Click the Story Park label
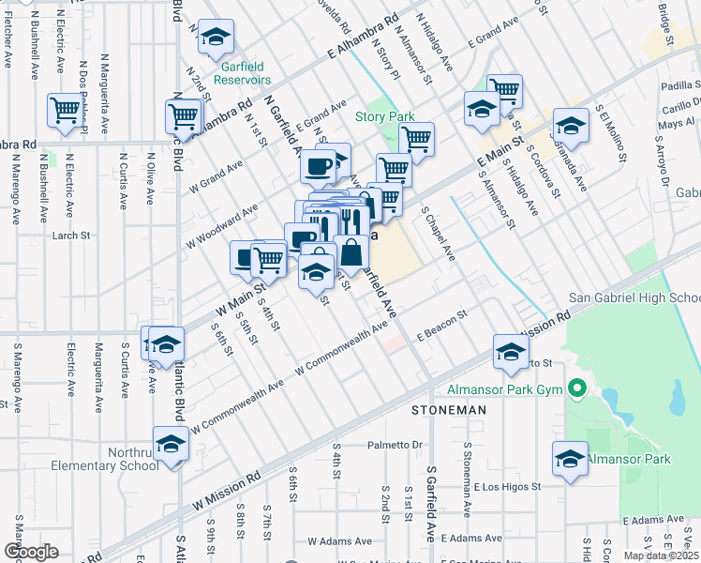(384, 117)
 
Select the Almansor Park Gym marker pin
(577, 388)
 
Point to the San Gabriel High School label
(634, 298)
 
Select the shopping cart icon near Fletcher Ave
(65, 109)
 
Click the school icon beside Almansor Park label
(568, 459)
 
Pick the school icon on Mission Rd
(511, 351)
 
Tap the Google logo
(31, 552)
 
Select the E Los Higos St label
(506, 487)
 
